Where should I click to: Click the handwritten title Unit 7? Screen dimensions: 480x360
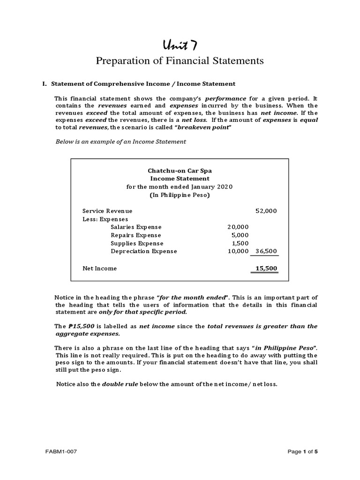point(180,45)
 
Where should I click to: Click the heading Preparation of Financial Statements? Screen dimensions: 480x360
point(180,61)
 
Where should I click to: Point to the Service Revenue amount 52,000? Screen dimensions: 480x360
point(266,211)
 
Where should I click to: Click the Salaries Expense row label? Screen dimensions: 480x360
point(135,227)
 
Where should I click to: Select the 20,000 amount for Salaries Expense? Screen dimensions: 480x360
point(238,227)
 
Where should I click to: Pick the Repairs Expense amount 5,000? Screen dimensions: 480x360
point(240,235)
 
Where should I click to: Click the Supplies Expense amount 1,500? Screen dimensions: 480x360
point(240,243)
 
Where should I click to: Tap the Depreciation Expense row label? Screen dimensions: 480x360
point(143,251)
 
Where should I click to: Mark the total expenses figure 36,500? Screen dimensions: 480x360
point(266,251)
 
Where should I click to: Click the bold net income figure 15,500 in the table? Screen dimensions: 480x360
point(266,269)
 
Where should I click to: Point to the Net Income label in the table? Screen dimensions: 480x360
point(99,269)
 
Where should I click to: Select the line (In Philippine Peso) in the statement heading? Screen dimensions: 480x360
point(180,195)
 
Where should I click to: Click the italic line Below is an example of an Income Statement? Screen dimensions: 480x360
point(121,142)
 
